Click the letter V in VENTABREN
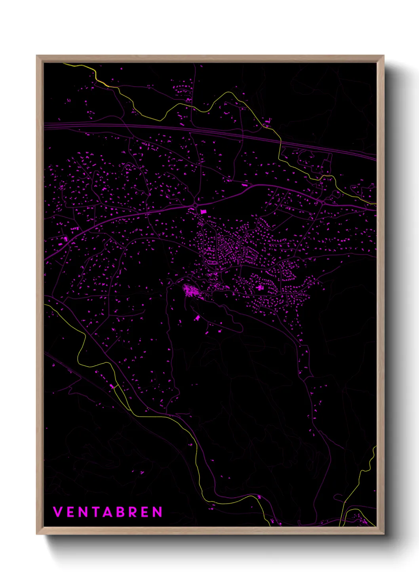57,512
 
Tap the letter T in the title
95,512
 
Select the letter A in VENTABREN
108,512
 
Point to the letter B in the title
120,512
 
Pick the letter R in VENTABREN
133,512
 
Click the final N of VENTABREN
158,512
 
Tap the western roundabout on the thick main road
196,205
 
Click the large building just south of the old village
197,318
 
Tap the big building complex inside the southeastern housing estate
260,287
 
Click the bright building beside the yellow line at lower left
112,386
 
